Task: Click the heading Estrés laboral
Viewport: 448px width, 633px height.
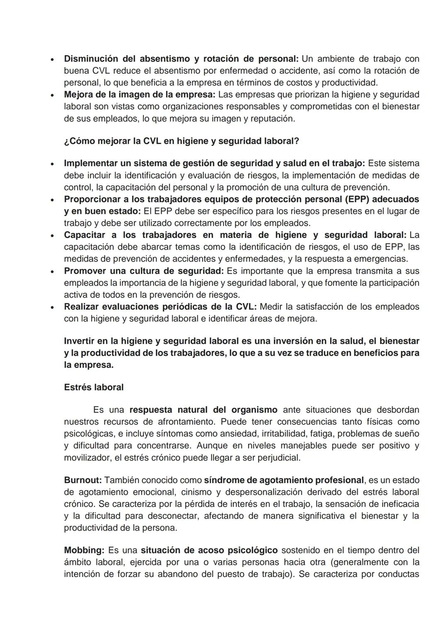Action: tap(94, 387)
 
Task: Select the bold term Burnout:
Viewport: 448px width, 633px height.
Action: tap(83, 480)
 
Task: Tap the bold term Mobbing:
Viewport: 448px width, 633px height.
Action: tap(84, 550)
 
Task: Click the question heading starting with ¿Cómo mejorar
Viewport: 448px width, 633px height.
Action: tap(181, 141)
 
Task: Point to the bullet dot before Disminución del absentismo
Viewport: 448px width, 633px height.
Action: tap(52, 59)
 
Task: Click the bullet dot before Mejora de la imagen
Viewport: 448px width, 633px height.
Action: tap(52, 95)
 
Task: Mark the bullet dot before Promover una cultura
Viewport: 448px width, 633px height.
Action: tap(52, 272)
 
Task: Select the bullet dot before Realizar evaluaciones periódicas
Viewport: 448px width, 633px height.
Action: tap(52, 307)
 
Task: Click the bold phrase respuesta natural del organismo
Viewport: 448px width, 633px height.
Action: tap(203, 410)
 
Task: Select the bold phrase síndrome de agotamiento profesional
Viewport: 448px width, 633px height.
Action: tap(284, 480)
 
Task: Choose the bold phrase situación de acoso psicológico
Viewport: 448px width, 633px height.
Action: tap(209, 550)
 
